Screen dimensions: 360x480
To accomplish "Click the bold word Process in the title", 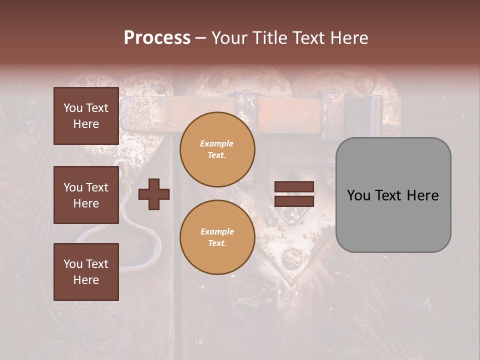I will [157, 38].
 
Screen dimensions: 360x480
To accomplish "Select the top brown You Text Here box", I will [86, 116].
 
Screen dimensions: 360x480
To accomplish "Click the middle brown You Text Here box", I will [86, 195].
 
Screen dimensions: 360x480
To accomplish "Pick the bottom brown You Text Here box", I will [86, 272].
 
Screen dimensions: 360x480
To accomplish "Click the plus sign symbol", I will [154, 194].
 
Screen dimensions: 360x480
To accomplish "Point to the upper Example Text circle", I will [217, 149].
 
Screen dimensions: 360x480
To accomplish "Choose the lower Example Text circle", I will [217, 237].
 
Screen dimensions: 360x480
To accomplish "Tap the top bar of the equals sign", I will [294, 187].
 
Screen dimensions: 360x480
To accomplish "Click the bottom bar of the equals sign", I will [294, 201].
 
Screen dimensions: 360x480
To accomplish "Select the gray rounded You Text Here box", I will [393, 195].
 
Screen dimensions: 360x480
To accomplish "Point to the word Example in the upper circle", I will [216, 144].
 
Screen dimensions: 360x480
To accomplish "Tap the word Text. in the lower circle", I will [217, 243].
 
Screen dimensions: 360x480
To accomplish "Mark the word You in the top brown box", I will [73, 108].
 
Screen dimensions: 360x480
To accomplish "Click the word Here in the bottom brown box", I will [86, 280].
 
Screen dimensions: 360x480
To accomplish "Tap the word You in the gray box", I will [358, 195].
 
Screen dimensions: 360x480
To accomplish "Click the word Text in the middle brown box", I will [97, 187].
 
